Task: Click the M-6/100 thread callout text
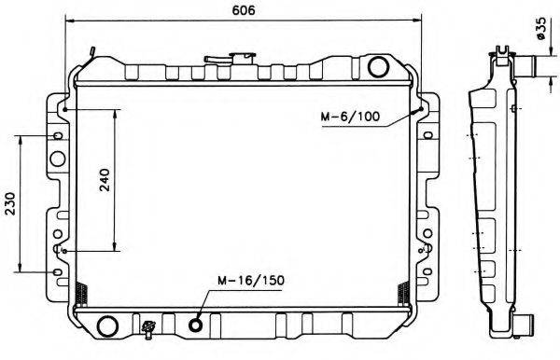[350, 118]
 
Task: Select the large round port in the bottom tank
[107, 325]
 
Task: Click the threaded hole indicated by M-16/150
[197, 325]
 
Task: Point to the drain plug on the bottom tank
[148, 326]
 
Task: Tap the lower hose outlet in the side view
[525, 325]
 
